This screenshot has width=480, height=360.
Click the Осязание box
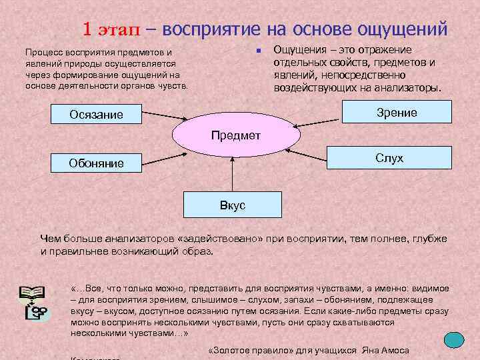97,114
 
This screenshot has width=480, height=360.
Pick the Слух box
389,158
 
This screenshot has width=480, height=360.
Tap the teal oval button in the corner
455,340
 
